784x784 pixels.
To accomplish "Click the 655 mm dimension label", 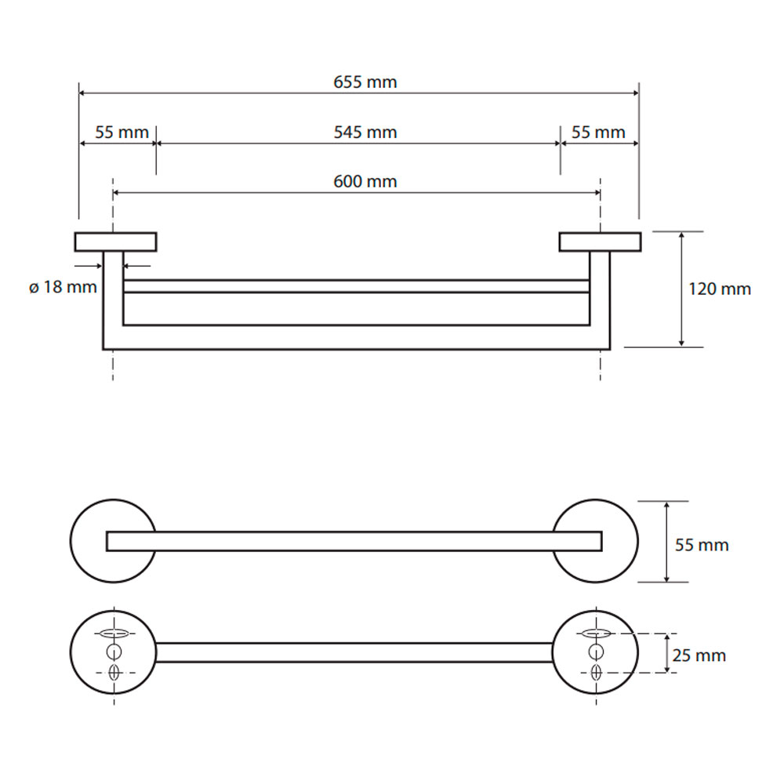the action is point(365,82).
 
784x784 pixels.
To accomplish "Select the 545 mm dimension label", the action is point(365,132).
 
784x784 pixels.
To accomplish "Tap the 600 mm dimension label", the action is point(365,182).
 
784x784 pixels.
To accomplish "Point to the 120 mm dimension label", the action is point(720,289).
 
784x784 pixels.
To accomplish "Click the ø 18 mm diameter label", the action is point(63,288).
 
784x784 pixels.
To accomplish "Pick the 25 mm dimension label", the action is point(699,655).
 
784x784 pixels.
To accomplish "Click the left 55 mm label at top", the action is point(122,132).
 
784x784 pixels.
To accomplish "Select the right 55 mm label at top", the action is point(598,132).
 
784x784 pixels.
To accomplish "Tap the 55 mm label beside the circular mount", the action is point(702,545).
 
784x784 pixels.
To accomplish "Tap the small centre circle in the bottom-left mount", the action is point(114,652).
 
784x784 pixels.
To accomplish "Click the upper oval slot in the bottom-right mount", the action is point(596,633).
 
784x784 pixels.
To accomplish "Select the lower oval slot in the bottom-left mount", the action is point(114,673).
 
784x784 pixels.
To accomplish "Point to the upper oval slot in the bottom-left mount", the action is point(114,633).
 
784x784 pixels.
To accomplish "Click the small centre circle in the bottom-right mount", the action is point(596,652).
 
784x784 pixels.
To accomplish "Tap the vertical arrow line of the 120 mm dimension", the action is point(681,289).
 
